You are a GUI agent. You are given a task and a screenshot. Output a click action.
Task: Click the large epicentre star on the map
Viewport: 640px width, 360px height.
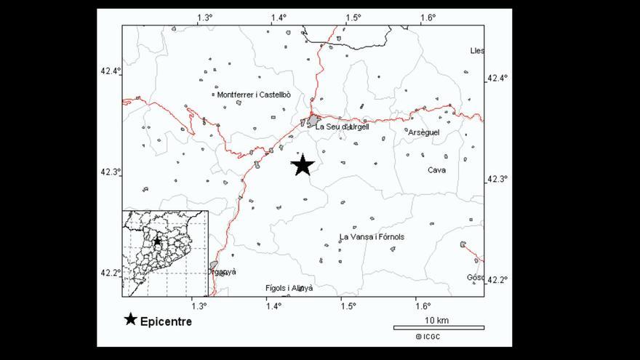point(303,166)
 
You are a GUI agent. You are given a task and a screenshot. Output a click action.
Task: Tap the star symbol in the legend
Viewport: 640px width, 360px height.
point(130,319)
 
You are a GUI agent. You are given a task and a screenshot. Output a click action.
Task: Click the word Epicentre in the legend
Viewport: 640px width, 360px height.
point(166,321)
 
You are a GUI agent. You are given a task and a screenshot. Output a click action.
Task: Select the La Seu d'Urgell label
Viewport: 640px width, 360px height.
point(342,127)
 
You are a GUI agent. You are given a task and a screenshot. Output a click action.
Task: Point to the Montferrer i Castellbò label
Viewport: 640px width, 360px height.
point(254,95)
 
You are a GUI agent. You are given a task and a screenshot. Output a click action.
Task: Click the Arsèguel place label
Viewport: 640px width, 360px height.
point(423,132)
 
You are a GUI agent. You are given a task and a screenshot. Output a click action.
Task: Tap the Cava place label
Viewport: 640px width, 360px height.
point(437,170)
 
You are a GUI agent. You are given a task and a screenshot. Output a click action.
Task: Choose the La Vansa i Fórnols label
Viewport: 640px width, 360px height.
point(372,237)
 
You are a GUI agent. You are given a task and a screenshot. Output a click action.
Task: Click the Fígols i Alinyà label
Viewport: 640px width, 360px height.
point(289,288)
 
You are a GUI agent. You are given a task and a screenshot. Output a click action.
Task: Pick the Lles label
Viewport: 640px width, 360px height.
point(477,51)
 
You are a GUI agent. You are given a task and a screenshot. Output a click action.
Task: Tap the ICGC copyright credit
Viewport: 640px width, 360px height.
point(428,337)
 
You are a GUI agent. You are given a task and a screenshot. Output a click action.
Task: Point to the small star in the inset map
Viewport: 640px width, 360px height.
point(156,241)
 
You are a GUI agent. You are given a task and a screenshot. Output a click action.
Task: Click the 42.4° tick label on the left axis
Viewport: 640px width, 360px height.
point(111,71)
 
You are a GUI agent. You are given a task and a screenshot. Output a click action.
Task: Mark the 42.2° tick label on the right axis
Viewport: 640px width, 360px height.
point(497,280)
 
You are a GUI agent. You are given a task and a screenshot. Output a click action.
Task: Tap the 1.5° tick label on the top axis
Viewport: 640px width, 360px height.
point(353,17)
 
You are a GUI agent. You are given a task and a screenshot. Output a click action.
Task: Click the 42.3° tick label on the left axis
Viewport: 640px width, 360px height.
point(111,172)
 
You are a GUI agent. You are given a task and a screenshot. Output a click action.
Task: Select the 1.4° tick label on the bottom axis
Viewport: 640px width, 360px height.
point(273,305)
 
